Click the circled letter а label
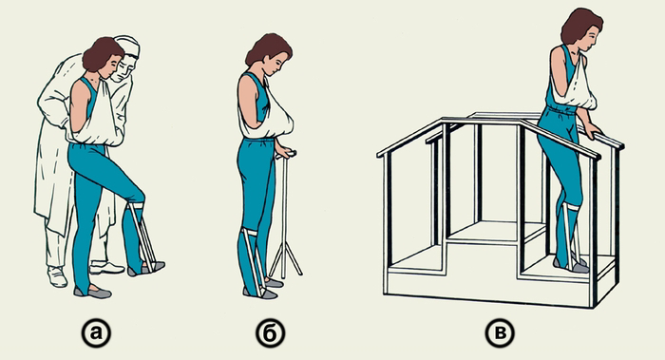tap(96, 333)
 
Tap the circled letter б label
tap(270, 333)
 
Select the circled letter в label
tap(500, 333)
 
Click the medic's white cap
tap(127, 46)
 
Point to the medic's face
tap(123, 70)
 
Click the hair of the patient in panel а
tap(102, 53)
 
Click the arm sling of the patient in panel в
tap(578, 87)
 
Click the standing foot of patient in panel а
tap(92, 293)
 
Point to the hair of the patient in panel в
tap(580, 25)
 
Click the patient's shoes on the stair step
tap(571, 264)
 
